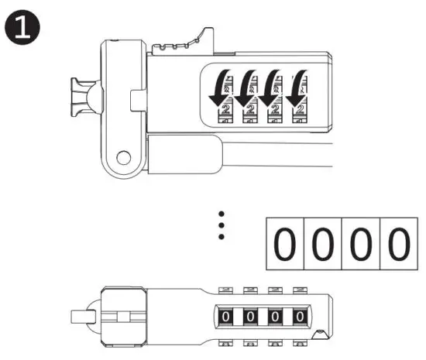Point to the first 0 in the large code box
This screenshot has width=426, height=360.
pos(286,245)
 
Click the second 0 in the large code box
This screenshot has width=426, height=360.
pos(323,245)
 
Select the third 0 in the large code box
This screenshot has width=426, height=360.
pos(360,245)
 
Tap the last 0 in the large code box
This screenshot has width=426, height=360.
pos(397,245)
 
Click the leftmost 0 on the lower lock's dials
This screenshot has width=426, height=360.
pos(227,317)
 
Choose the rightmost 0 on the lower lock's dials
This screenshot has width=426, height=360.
pos(298,317)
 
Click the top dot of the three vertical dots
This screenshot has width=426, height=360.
pos(222,213)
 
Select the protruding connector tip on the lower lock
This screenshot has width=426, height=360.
pos(81,317)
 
